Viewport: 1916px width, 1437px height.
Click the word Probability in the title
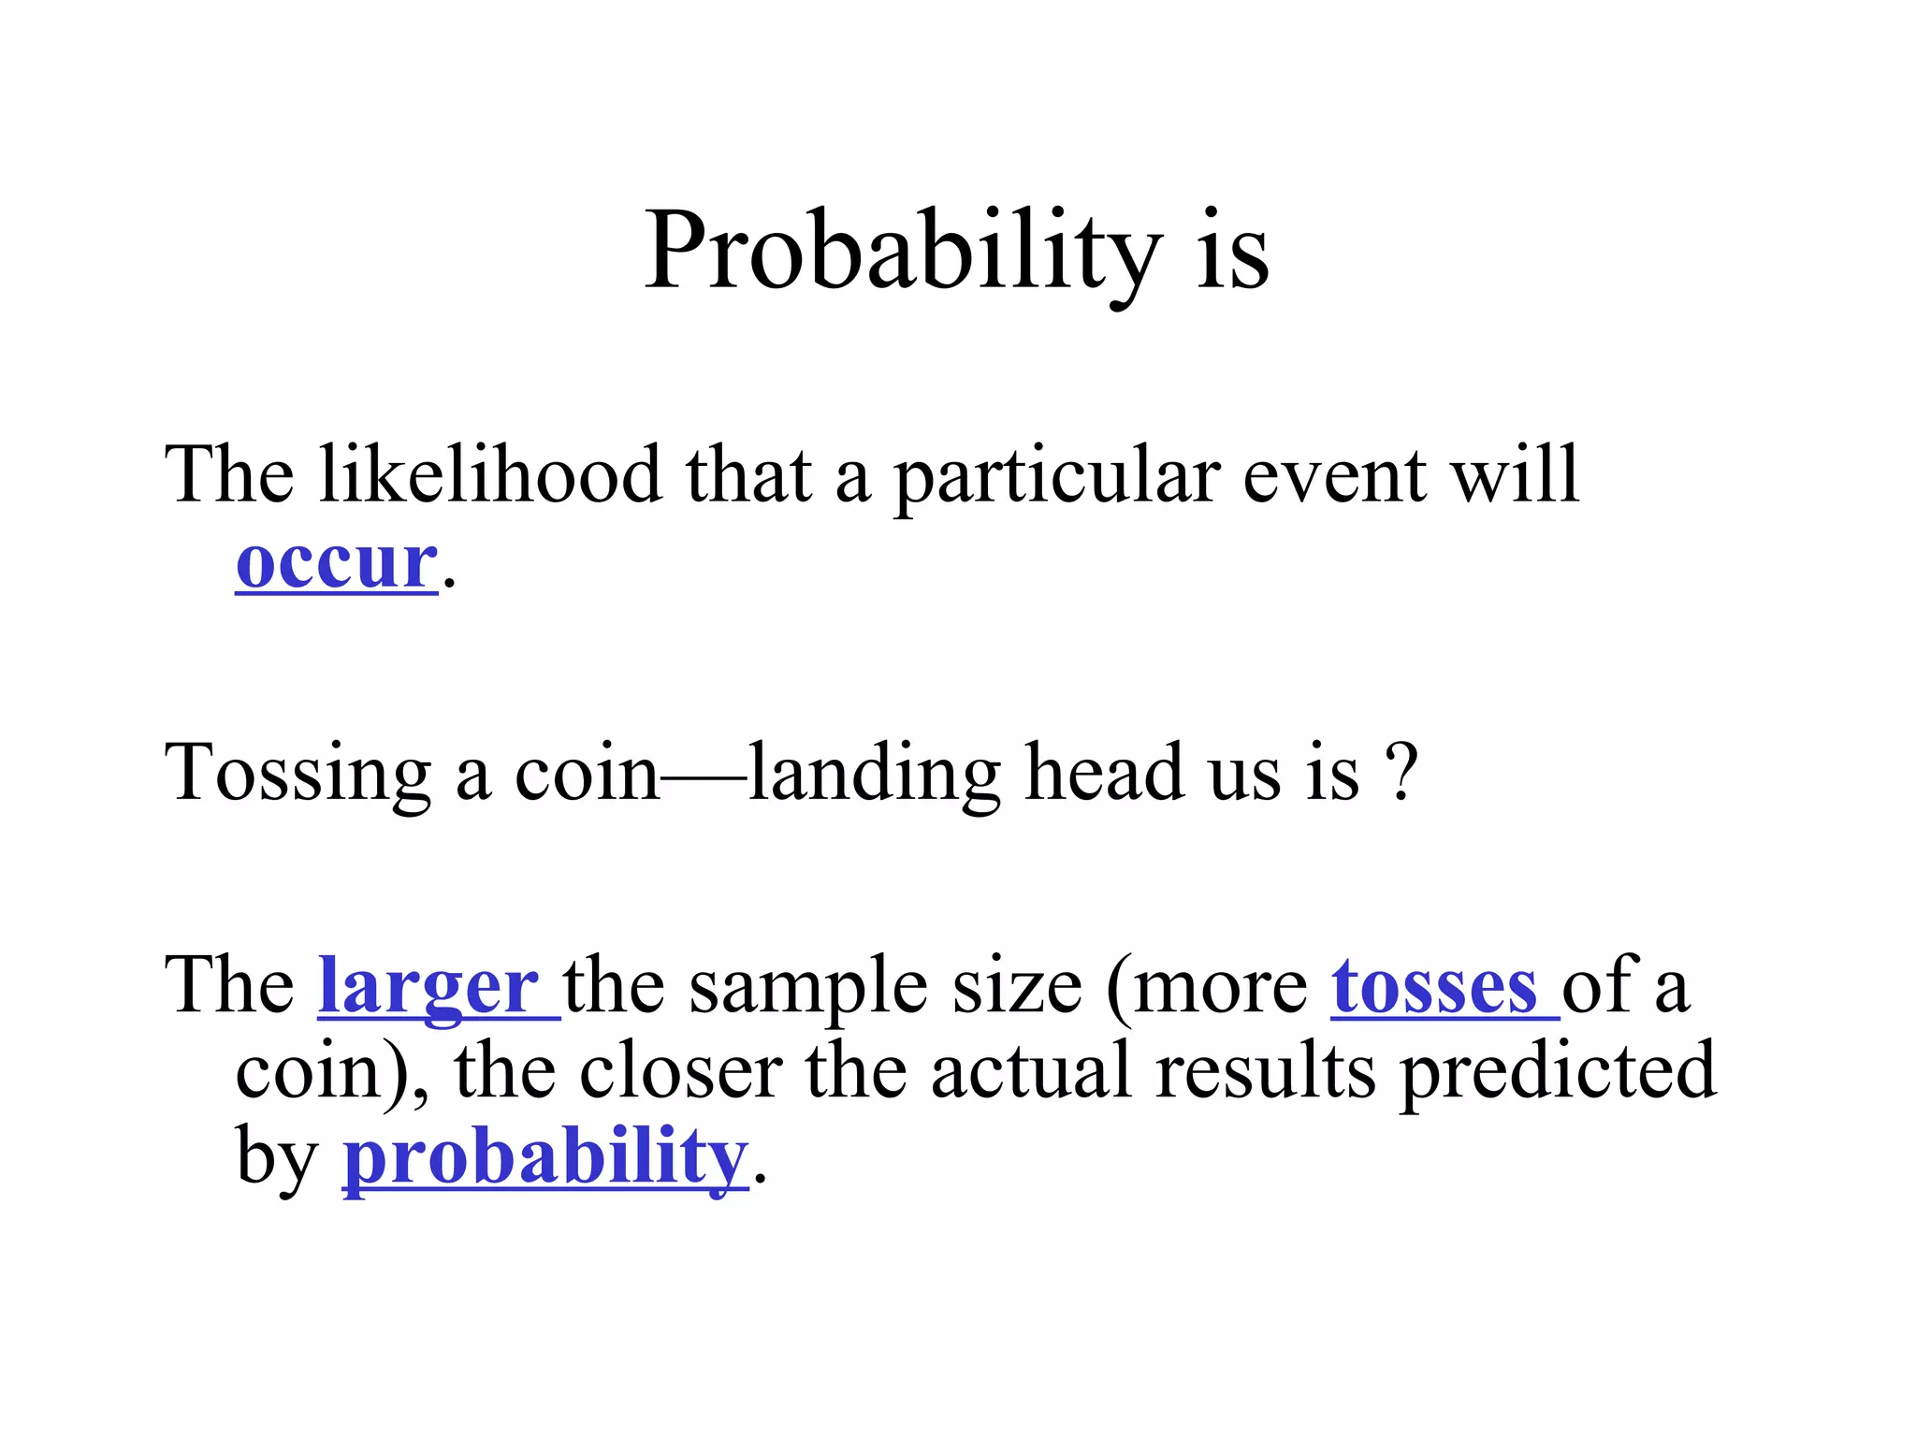point(902,251)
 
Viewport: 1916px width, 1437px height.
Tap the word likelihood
point(490,475)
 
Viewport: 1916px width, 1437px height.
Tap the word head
point(1103,773)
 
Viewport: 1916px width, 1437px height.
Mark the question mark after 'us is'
point(1401,773)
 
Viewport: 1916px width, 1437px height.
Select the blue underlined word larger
point(428,987)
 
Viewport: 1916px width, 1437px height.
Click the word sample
point(809,988)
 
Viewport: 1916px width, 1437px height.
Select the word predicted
point(1558,1072)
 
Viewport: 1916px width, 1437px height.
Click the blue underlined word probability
point(546,1158)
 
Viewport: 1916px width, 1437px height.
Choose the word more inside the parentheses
point(1221,987)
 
